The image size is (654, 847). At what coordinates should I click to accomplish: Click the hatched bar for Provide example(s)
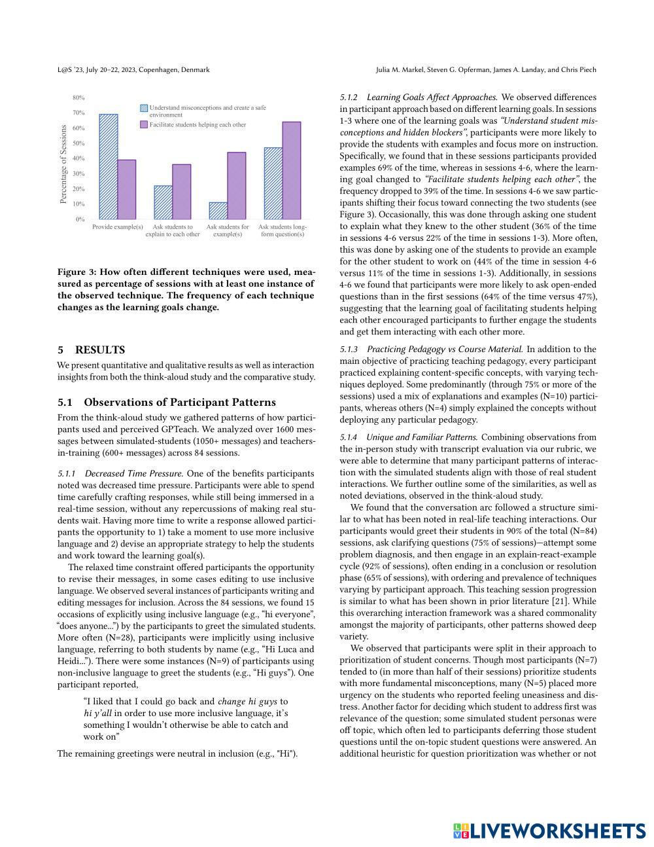(109, 166)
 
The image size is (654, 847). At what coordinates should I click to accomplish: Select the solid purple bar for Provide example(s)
(127, 189)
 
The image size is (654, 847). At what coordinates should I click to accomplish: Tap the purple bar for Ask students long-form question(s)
(292, 170)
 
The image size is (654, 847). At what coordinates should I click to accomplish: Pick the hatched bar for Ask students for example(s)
(218, 210)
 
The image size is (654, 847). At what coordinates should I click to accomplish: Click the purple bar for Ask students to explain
(182, 191)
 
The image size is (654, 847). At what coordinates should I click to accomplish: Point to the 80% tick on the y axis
(78, 98)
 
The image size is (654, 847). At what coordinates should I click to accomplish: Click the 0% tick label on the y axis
(80, 219)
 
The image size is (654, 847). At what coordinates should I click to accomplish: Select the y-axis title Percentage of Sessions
(63, 164)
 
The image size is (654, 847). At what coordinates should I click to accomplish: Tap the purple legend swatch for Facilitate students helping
(145, 124)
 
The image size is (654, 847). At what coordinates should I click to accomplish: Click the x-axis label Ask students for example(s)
(228, 230)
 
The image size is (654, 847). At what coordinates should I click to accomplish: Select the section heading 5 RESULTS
(91, 350)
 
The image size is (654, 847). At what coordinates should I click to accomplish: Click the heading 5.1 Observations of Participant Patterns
(167, 402)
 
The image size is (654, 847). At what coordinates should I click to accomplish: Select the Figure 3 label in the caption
(77, 272)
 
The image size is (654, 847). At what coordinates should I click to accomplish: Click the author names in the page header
(486, 70)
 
